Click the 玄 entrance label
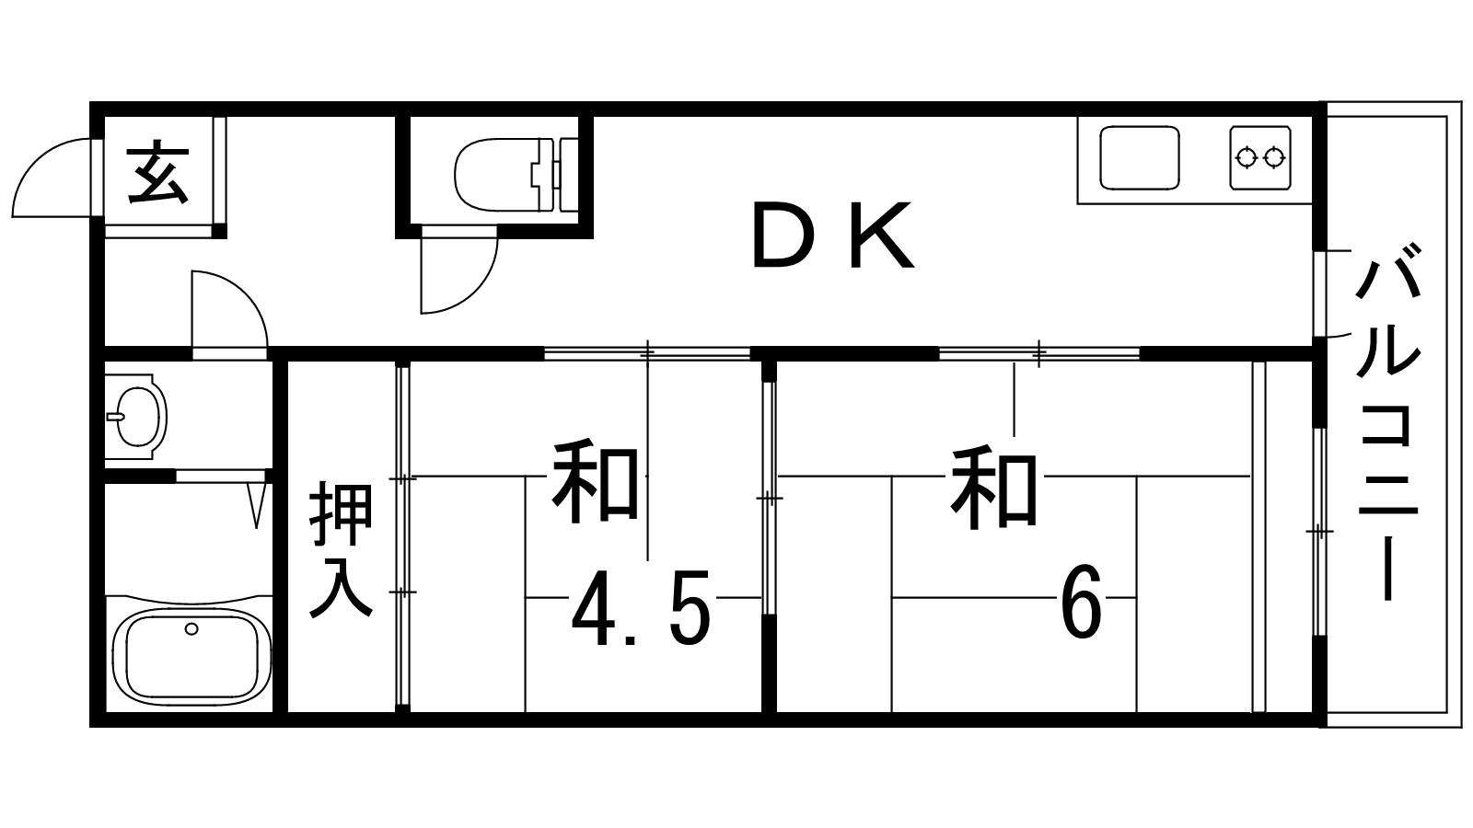click(157, 172)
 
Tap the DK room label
click(834, 236)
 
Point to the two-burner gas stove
click(1259, 158)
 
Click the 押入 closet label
click(341, 549)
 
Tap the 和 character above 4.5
click(597, 484)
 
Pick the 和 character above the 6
click(995, 488)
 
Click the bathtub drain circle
click(191, 629)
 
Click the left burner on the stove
click(1246, 158)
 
